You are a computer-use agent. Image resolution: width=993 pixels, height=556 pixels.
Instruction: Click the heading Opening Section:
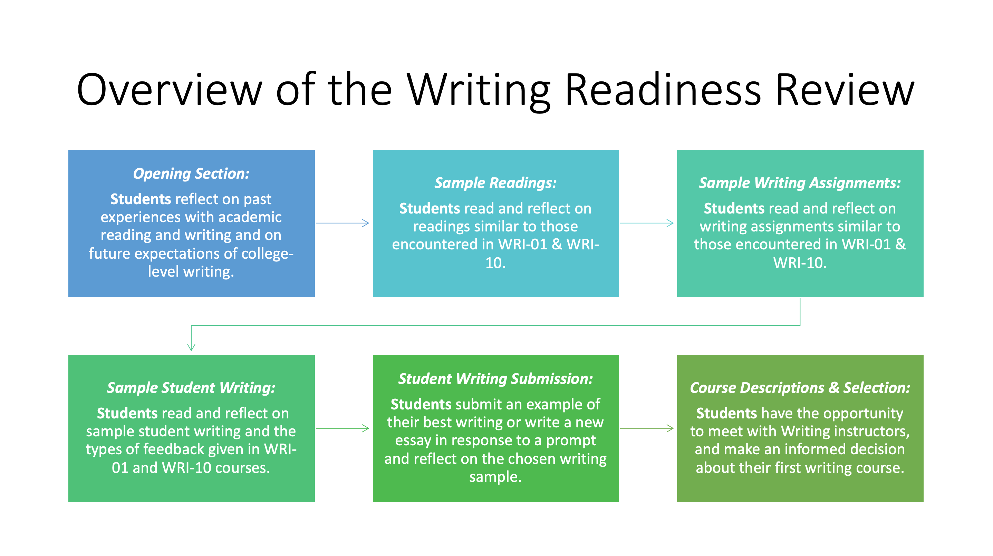tap(191, 173)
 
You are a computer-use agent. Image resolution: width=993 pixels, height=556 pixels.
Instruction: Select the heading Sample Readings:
tap(496, 183)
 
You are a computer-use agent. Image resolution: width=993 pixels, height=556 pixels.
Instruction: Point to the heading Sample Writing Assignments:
tap(800, 183)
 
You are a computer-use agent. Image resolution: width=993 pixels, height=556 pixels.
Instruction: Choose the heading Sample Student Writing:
tap(191, 388)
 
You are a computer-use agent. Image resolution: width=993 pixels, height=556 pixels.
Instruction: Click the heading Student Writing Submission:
tap(496, 379)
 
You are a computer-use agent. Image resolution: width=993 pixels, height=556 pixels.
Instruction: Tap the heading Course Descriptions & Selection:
tap(800, 388)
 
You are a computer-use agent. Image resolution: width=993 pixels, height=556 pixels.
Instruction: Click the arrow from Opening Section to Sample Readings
tap(342, 223)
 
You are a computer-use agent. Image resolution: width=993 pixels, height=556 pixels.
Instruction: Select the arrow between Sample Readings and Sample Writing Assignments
tap(647, 223)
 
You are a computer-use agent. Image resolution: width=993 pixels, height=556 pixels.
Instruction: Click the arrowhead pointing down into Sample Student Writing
tap(191, 347)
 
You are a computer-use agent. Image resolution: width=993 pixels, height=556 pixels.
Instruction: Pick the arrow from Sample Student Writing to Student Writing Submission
tap(342, 428)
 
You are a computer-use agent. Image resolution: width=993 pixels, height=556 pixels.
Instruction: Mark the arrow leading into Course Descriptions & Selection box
tap(647, 428)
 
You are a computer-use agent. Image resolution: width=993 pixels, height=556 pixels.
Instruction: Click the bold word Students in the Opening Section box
tap(141, 199)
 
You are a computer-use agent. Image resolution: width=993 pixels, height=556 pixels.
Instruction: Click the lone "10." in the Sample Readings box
tap(496, 263)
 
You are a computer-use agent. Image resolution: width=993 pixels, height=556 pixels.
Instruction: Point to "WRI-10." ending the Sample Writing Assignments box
tap(800, 263)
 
